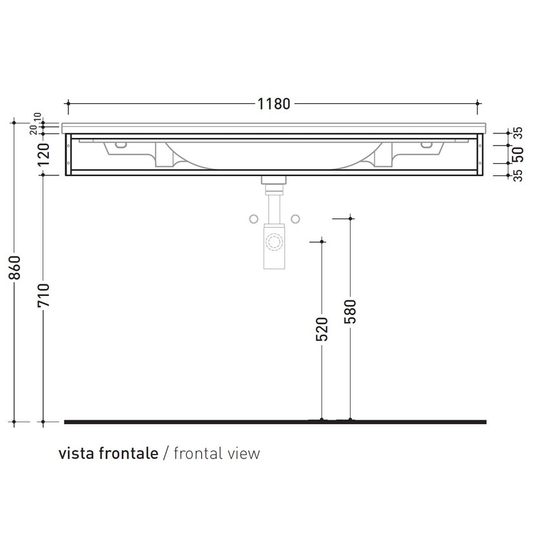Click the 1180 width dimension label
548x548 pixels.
pyautogui.click(x=274, y=103)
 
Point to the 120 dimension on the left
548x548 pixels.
pyautogui.click(x=43, y=155)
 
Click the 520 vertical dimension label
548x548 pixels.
pyautogui.click(x=322, y=328)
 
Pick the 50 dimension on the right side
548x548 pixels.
pyautogui.click(x=518, y=153)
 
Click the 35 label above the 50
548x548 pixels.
pyautogui.click(x=518, y=132)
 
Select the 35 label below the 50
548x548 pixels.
pyautogui.click(x=518, y=175)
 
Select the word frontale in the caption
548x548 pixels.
pyautogui.click(x=128, y=453)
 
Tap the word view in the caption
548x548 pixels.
pyautogui.click(x=245, y=453)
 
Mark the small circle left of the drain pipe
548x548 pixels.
pyautogui.click(x=253, y=219)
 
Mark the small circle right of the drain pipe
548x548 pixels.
pyautogui.click(x=295, y=219)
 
